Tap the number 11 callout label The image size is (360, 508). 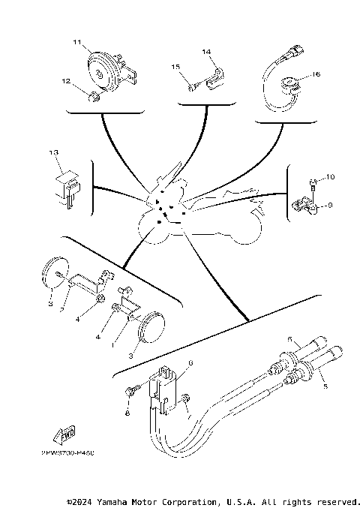point(76,44)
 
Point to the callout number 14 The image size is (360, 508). point(207,51)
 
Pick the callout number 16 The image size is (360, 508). point(316,75)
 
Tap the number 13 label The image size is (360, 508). point(53,152)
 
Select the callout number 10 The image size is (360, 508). point(331,177)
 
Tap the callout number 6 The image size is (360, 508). point(190,362)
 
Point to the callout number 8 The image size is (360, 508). point(127,413)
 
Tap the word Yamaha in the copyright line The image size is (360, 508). point(113,501)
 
